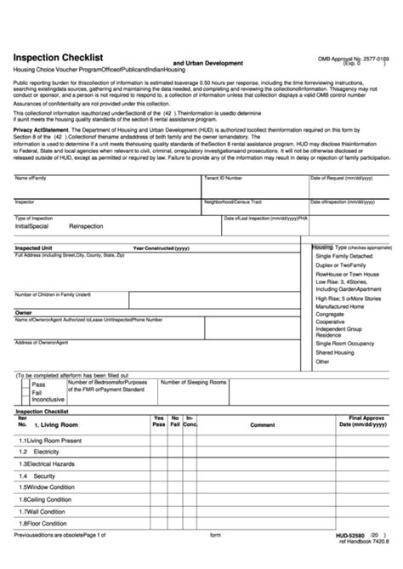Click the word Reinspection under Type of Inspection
click(x=85, y=228)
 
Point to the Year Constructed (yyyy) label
click(x=162, y=248)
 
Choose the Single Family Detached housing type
click(x=343, y=256)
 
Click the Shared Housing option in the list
click(x=335, y=352)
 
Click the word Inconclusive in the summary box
click(x=48, y=398)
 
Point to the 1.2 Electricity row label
click(x=39, y=451)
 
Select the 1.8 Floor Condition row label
click(x=43, y=524)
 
